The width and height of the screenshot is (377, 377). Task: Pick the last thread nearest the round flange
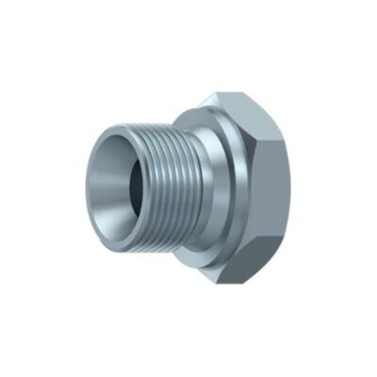(x=184, y=184)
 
